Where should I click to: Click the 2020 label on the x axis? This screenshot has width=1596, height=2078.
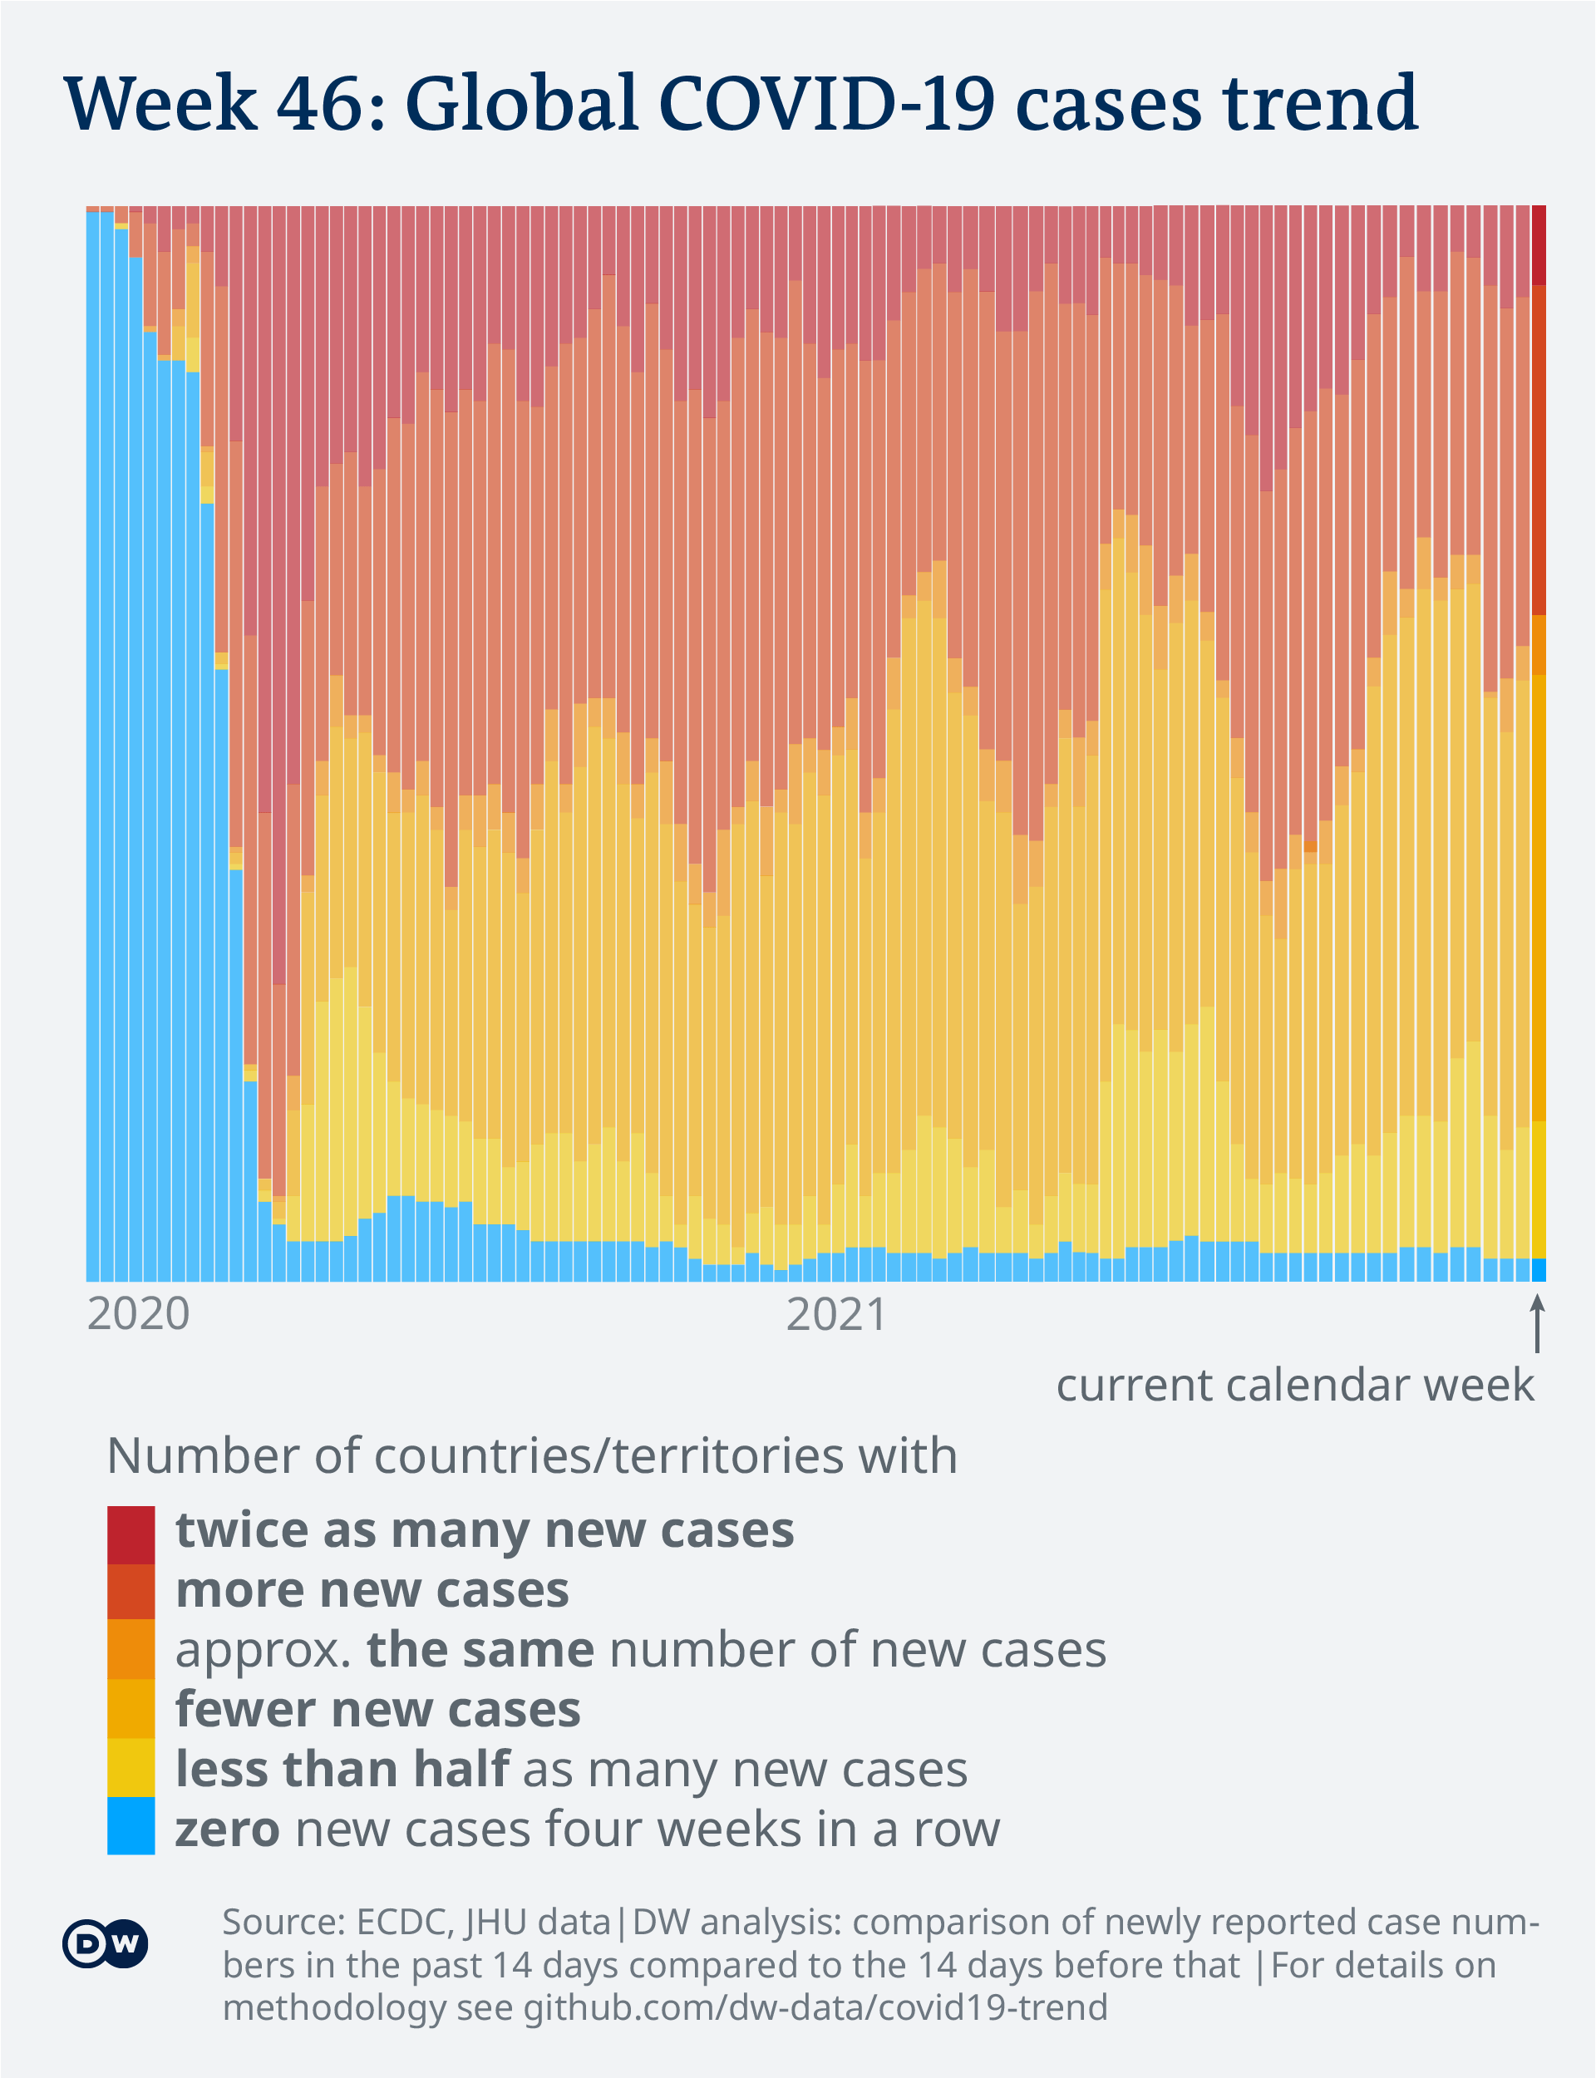coord(139,1314)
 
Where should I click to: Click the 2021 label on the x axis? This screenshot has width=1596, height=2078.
coord(837,1314)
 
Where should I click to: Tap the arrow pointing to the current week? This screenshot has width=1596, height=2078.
coord(1537,1325)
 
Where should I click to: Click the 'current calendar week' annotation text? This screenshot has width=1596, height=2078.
coord(1295,1386)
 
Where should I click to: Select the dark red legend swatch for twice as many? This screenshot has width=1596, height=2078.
coord(131,1534)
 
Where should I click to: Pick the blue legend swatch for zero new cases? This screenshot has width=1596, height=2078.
coord(131,1824)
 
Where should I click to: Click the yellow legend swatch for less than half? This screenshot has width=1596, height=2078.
coord(131,1766)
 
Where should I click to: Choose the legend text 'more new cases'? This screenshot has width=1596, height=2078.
coord(372,1590)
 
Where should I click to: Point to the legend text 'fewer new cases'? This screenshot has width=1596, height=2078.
coord(378,1710)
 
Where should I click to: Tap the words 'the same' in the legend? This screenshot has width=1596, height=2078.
coord(480,1650)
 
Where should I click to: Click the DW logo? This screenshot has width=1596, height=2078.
coord(106,1943)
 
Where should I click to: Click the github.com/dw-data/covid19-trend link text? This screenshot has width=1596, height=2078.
coord(815,2007)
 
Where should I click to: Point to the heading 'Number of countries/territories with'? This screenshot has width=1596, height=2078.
coord(532,1457)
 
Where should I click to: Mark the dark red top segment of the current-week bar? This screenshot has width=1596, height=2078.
coord(1539,244)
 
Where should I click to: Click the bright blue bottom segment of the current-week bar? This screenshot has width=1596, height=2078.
coord(1539,1270)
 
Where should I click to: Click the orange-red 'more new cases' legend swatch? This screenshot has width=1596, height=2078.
coord(131,1592)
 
